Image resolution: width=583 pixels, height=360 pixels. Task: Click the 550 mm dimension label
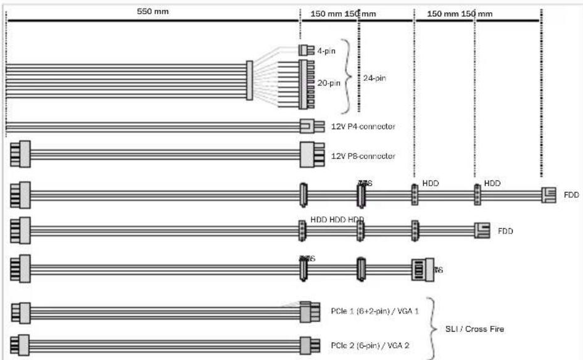click(152, 12)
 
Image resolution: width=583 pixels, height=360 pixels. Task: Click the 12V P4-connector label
click(363, 126)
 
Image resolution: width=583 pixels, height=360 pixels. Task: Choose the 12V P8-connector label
click(363, 156)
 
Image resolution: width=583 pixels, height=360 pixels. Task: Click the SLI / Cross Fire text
click(474, 329)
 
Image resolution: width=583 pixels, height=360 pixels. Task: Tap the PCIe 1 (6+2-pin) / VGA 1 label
click(374, 311)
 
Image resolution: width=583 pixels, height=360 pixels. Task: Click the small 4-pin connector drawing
click(307, 51)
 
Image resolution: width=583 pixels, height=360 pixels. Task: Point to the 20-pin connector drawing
click(307, 84)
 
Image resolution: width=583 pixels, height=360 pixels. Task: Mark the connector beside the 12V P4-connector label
click(312, 126)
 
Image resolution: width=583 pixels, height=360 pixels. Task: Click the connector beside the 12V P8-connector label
click(311, 154)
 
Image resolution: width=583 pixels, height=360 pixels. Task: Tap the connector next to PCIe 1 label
click(307, 312)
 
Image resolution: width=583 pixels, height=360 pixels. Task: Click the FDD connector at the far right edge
click(548, 195)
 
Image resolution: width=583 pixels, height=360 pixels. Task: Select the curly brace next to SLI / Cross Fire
click(434, 329)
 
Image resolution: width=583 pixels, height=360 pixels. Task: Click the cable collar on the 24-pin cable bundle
click(249, 80)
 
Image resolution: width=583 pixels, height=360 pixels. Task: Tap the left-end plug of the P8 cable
click(20, 153)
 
